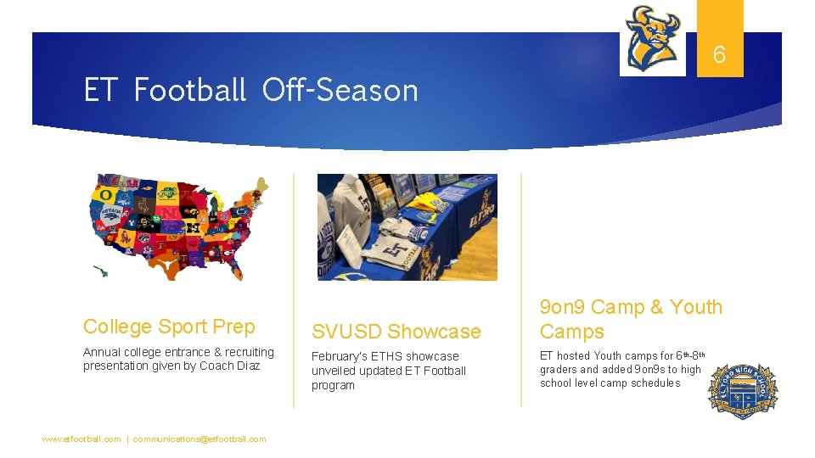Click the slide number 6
pos(719,55)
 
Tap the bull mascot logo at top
pos(652,38)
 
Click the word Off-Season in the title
pos(340,90)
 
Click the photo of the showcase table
pos(407,226)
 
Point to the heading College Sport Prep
pos(169,327)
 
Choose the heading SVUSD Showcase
pos(396,332)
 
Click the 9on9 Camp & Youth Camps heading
pos(631,319)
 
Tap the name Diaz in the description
pos(246,366)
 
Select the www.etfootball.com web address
pos(81,439)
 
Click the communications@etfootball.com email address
pos(200,439)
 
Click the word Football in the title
pos(189,90)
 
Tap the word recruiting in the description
pos(247,352)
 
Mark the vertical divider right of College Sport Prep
pos(294,288)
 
